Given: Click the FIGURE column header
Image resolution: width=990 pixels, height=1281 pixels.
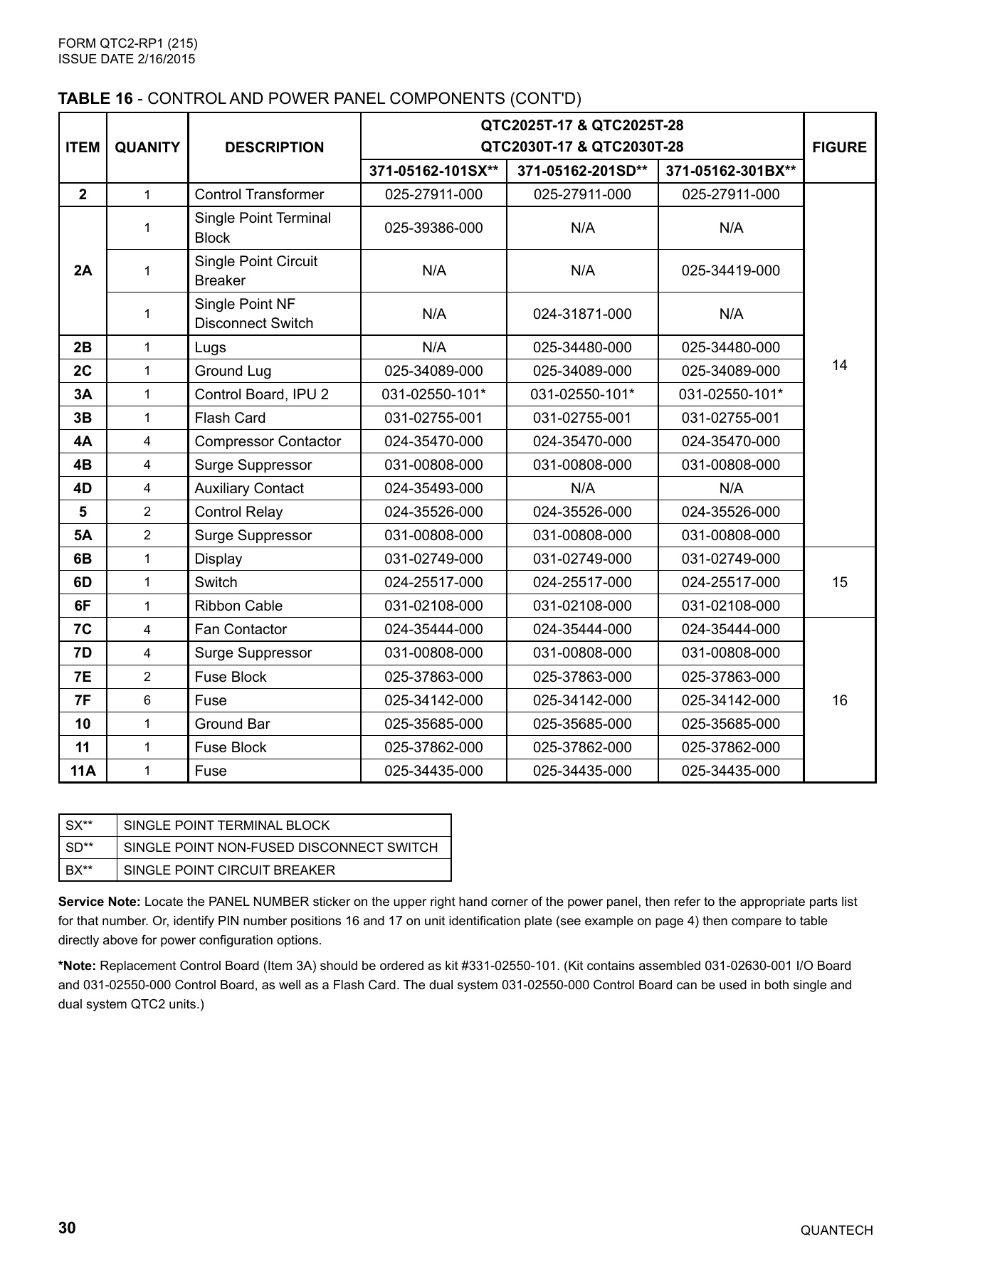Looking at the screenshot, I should (x=839, y=147).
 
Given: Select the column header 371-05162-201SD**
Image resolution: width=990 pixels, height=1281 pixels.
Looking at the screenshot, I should (x=582, y=171).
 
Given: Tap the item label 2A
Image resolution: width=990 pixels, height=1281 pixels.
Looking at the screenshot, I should (x=83, y=270).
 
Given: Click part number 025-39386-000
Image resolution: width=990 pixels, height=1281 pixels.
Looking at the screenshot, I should (x=433, y=228).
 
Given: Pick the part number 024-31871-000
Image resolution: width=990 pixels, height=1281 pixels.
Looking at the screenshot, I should (x=582, y=314).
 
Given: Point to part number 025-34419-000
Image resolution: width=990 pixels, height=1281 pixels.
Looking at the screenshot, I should (x=730, y=270).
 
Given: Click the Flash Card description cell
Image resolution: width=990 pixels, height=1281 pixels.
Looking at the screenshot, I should (x=230, y=418).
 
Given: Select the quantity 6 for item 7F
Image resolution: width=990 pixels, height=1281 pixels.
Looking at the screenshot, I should (x=147, y=700).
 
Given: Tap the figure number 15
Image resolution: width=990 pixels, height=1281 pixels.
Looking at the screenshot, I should (x=839, y=582).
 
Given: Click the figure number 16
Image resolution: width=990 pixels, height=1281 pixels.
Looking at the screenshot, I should (x=839, y=700).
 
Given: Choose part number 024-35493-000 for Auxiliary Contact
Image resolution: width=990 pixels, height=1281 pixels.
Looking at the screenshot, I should (x=433, y=488).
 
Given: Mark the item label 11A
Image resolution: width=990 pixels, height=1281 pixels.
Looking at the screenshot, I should (x=83, y=771).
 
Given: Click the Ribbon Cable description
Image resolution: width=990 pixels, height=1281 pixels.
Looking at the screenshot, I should (x=238, y=606).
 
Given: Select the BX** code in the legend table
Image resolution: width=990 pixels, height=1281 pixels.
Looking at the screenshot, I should (x=79, y=870).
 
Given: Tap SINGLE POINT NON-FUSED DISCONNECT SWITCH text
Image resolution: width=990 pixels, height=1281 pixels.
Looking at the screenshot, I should (x=280, y=847).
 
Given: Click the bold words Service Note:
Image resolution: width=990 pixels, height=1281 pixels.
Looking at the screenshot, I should (x=99, y=902).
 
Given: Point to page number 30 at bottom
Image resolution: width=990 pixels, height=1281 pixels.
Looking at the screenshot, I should (x=67, y=1228).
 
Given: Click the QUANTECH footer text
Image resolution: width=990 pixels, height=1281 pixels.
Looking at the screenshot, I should (x=836, y=1230).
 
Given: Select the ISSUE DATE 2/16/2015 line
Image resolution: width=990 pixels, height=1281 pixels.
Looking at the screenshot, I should (x=127, y=59).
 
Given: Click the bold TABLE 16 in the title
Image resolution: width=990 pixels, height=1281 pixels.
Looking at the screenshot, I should (x=95, y=98).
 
